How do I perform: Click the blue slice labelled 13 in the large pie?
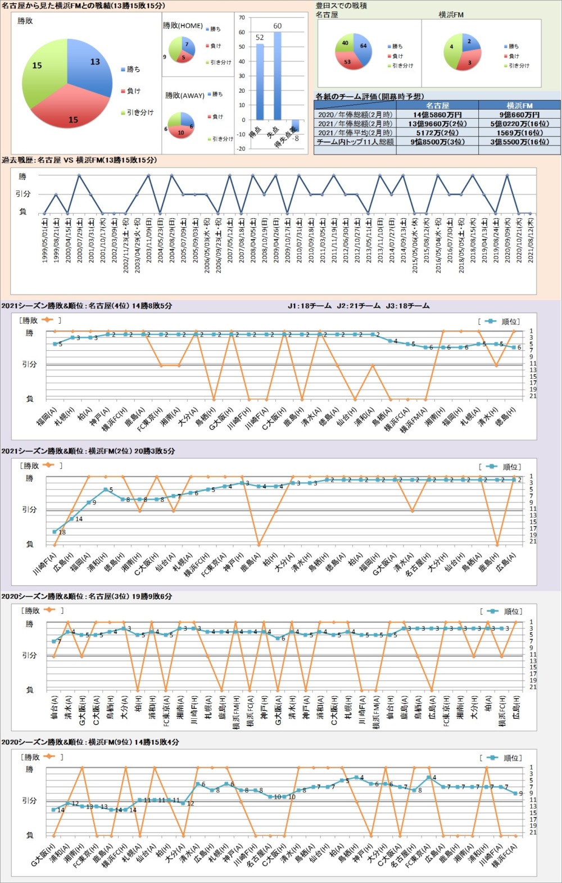click(90, 67)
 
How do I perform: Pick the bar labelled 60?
click(277, 76)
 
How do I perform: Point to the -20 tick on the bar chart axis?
click(242, 149)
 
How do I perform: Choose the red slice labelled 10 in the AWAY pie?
click(181, 132)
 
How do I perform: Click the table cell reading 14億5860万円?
click(437, 115)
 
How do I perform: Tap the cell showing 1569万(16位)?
click(519, 133)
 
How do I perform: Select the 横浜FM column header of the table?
click(519, 105)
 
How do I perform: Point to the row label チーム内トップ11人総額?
click(355, 142)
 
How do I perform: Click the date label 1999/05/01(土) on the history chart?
click(45, 241)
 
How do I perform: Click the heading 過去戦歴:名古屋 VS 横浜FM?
click(79, 160)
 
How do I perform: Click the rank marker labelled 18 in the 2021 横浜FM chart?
click(55, 531)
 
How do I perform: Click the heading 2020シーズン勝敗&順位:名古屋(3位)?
click(87, 596)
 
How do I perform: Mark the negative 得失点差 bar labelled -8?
click(295, 126)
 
